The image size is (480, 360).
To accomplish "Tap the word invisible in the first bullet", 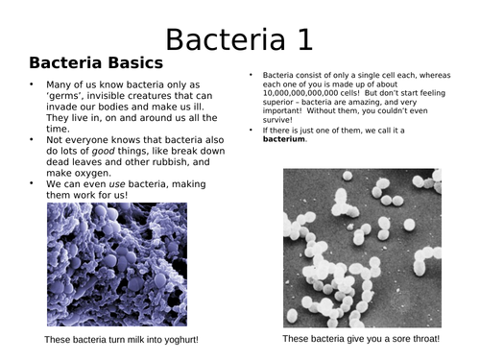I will pos(103,99).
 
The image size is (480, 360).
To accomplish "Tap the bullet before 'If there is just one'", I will pos(252,129).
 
